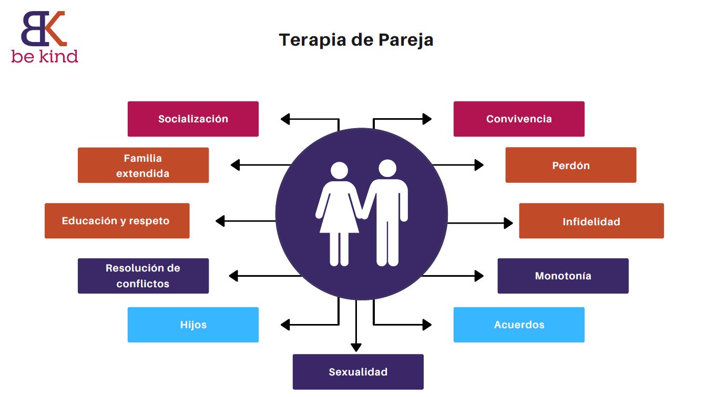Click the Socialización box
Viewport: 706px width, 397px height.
(x=193, y=119)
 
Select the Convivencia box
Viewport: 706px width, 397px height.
(x=519, y=119)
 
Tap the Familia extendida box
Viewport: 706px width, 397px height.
(x=143, y=165)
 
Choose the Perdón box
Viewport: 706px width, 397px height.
(x=570, y=165)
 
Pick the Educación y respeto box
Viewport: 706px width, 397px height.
(x=117, y=221)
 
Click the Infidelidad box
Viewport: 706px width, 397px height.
(x=591, y=221)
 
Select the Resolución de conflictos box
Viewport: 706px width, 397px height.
(x=143, y=276)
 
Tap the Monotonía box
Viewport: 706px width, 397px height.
(x=563, y=276)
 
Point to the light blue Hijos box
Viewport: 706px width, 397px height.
(x=193, y=325)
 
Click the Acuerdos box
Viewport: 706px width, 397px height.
(x=519, y=325)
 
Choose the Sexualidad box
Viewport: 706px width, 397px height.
(x=358, y=372)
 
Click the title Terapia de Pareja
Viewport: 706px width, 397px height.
(x=356, y=40)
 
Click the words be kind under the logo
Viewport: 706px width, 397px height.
(x=45, y=56)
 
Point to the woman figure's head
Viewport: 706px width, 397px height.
(x=339, y=171)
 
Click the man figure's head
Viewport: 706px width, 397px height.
(x=387, y=169)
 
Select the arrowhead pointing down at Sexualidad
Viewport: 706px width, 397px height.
(x=356, y=347)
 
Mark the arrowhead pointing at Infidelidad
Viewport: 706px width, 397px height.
(x=508, y=223)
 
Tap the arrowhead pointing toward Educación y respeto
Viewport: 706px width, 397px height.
(x=220, y=221)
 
